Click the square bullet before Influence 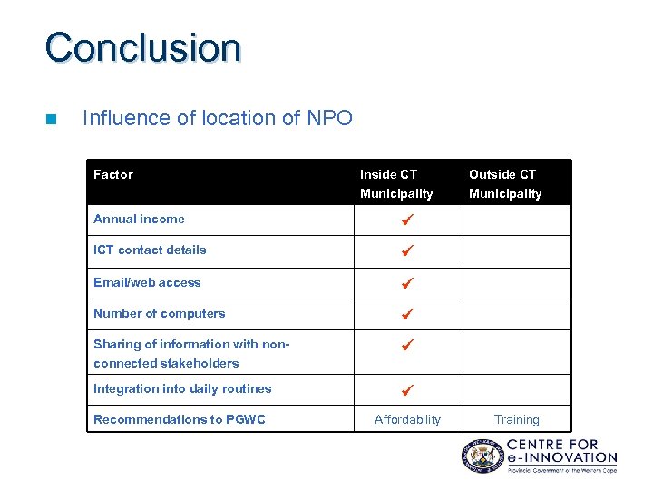[x=51, y=119]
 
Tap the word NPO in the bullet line [x=329, y=118]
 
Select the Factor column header [x=113, y=174]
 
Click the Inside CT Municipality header [x=396, y=183]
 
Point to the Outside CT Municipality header [x=504, y=183]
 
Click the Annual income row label [x=139, y=219]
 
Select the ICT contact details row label [x=150, y=250]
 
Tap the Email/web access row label [x=147, y=282]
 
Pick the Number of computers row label [x=159, y=313]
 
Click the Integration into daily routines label [x=182, y=388]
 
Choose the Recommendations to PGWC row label [x=180, y=419]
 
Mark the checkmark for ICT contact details [x=407, y=250]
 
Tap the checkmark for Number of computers [x=407, y=314]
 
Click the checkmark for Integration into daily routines [x=407, y=390]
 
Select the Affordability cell [x=407, y=419]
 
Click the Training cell [x=516, y=419]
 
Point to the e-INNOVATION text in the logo [x=561, y=457]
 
